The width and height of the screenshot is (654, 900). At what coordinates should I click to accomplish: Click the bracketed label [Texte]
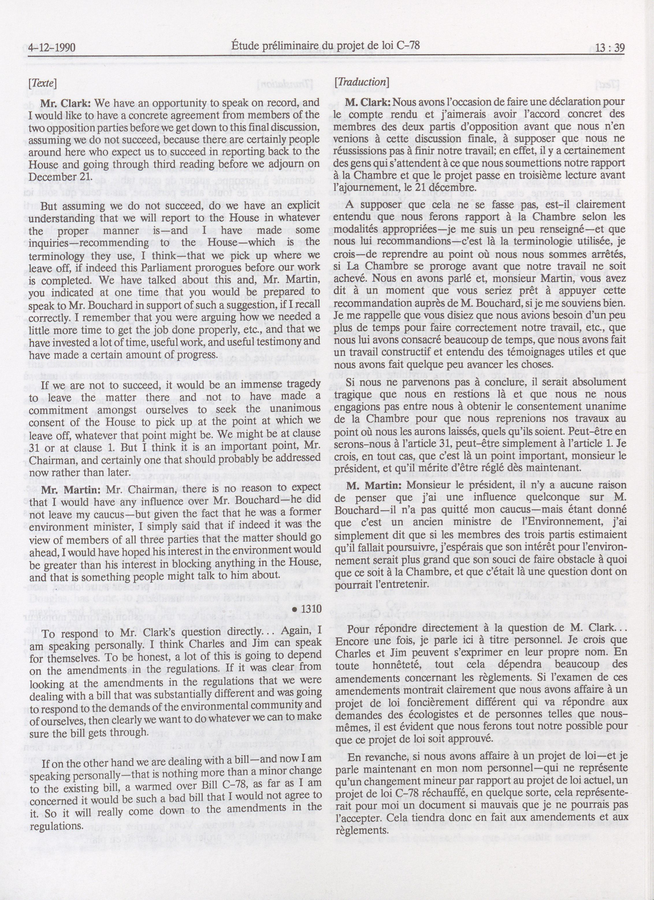tap(42, 83)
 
